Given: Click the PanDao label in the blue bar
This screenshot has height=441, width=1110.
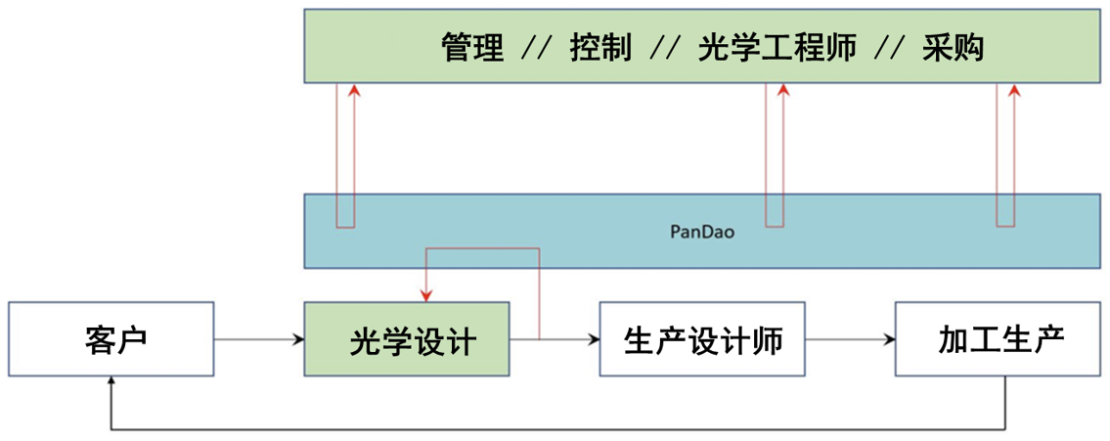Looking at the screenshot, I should (702, 232).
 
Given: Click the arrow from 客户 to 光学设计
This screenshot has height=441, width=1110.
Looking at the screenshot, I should (258, 340).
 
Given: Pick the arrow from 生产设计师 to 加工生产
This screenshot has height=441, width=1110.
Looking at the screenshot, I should (851, 340).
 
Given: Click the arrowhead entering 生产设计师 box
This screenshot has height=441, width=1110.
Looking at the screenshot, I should (593, 340).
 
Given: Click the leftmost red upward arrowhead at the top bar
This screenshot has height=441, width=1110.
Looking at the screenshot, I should (354, 90).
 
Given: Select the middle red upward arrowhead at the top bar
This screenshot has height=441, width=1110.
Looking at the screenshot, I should (782, 90).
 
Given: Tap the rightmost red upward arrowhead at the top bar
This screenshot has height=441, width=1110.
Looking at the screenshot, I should (1014, 90).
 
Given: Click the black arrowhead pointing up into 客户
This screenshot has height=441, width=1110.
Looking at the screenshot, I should (112, 384).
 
